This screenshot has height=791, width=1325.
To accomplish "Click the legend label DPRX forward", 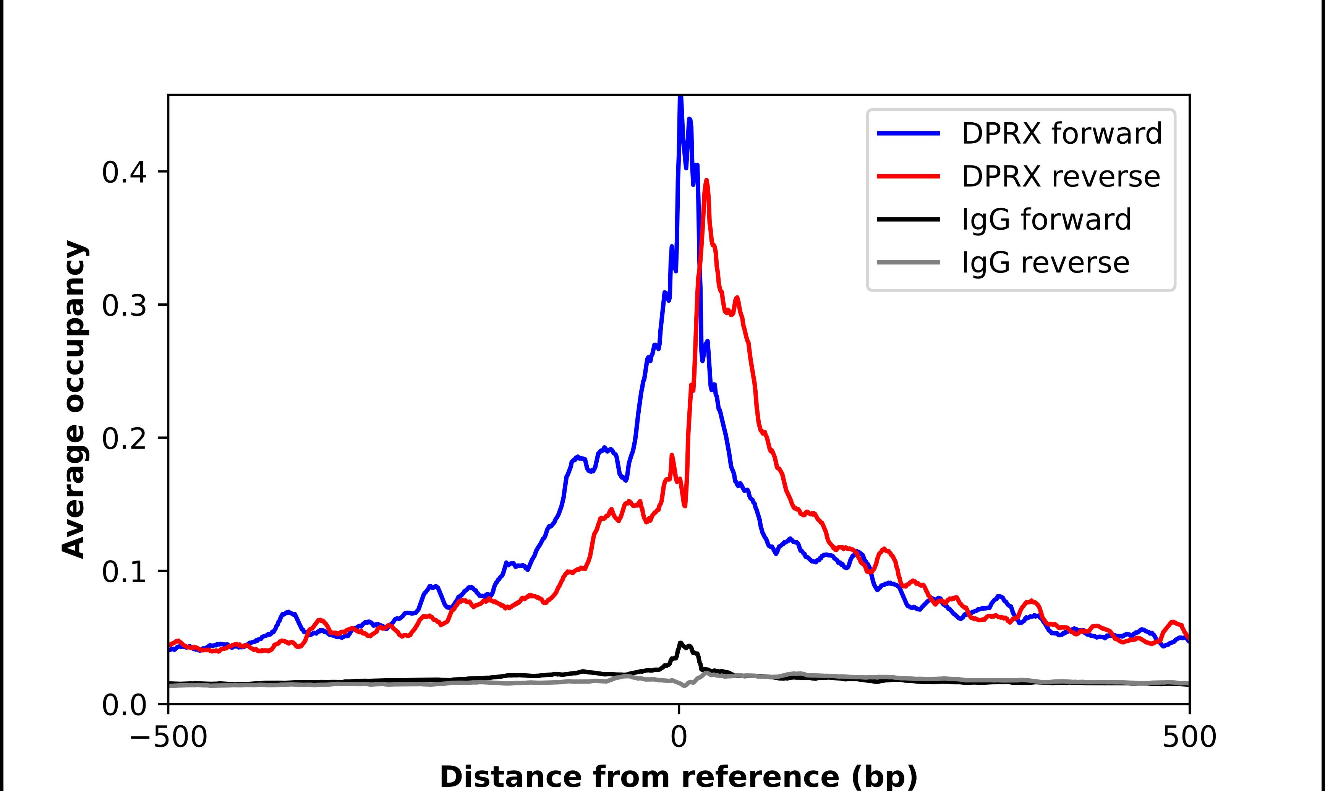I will (1061, 133).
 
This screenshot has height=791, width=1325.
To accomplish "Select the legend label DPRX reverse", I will (1060, 177).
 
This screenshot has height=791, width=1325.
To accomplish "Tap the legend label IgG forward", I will (1046, 220).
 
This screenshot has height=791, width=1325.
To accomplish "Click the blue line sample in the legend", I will (909, 133).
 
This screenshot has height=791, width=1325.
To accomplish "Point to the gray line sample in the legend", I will (909, 262).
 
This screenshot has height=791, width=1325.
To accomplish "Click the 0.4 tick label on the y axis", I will (124, 172).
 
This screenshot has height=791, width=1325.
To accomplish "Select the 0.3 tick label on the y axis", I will (124, 305).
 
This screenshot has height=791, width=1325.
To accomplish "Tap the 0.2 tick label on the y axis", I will (124, 439).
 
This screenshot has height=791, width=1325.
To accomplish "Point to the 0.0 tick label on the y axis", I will (124, 705).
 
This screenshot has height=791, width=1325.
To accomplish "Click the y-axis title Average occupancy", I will (73, 399).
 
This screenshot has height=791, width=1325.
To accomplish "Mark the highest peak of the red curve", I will (706, 181).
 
